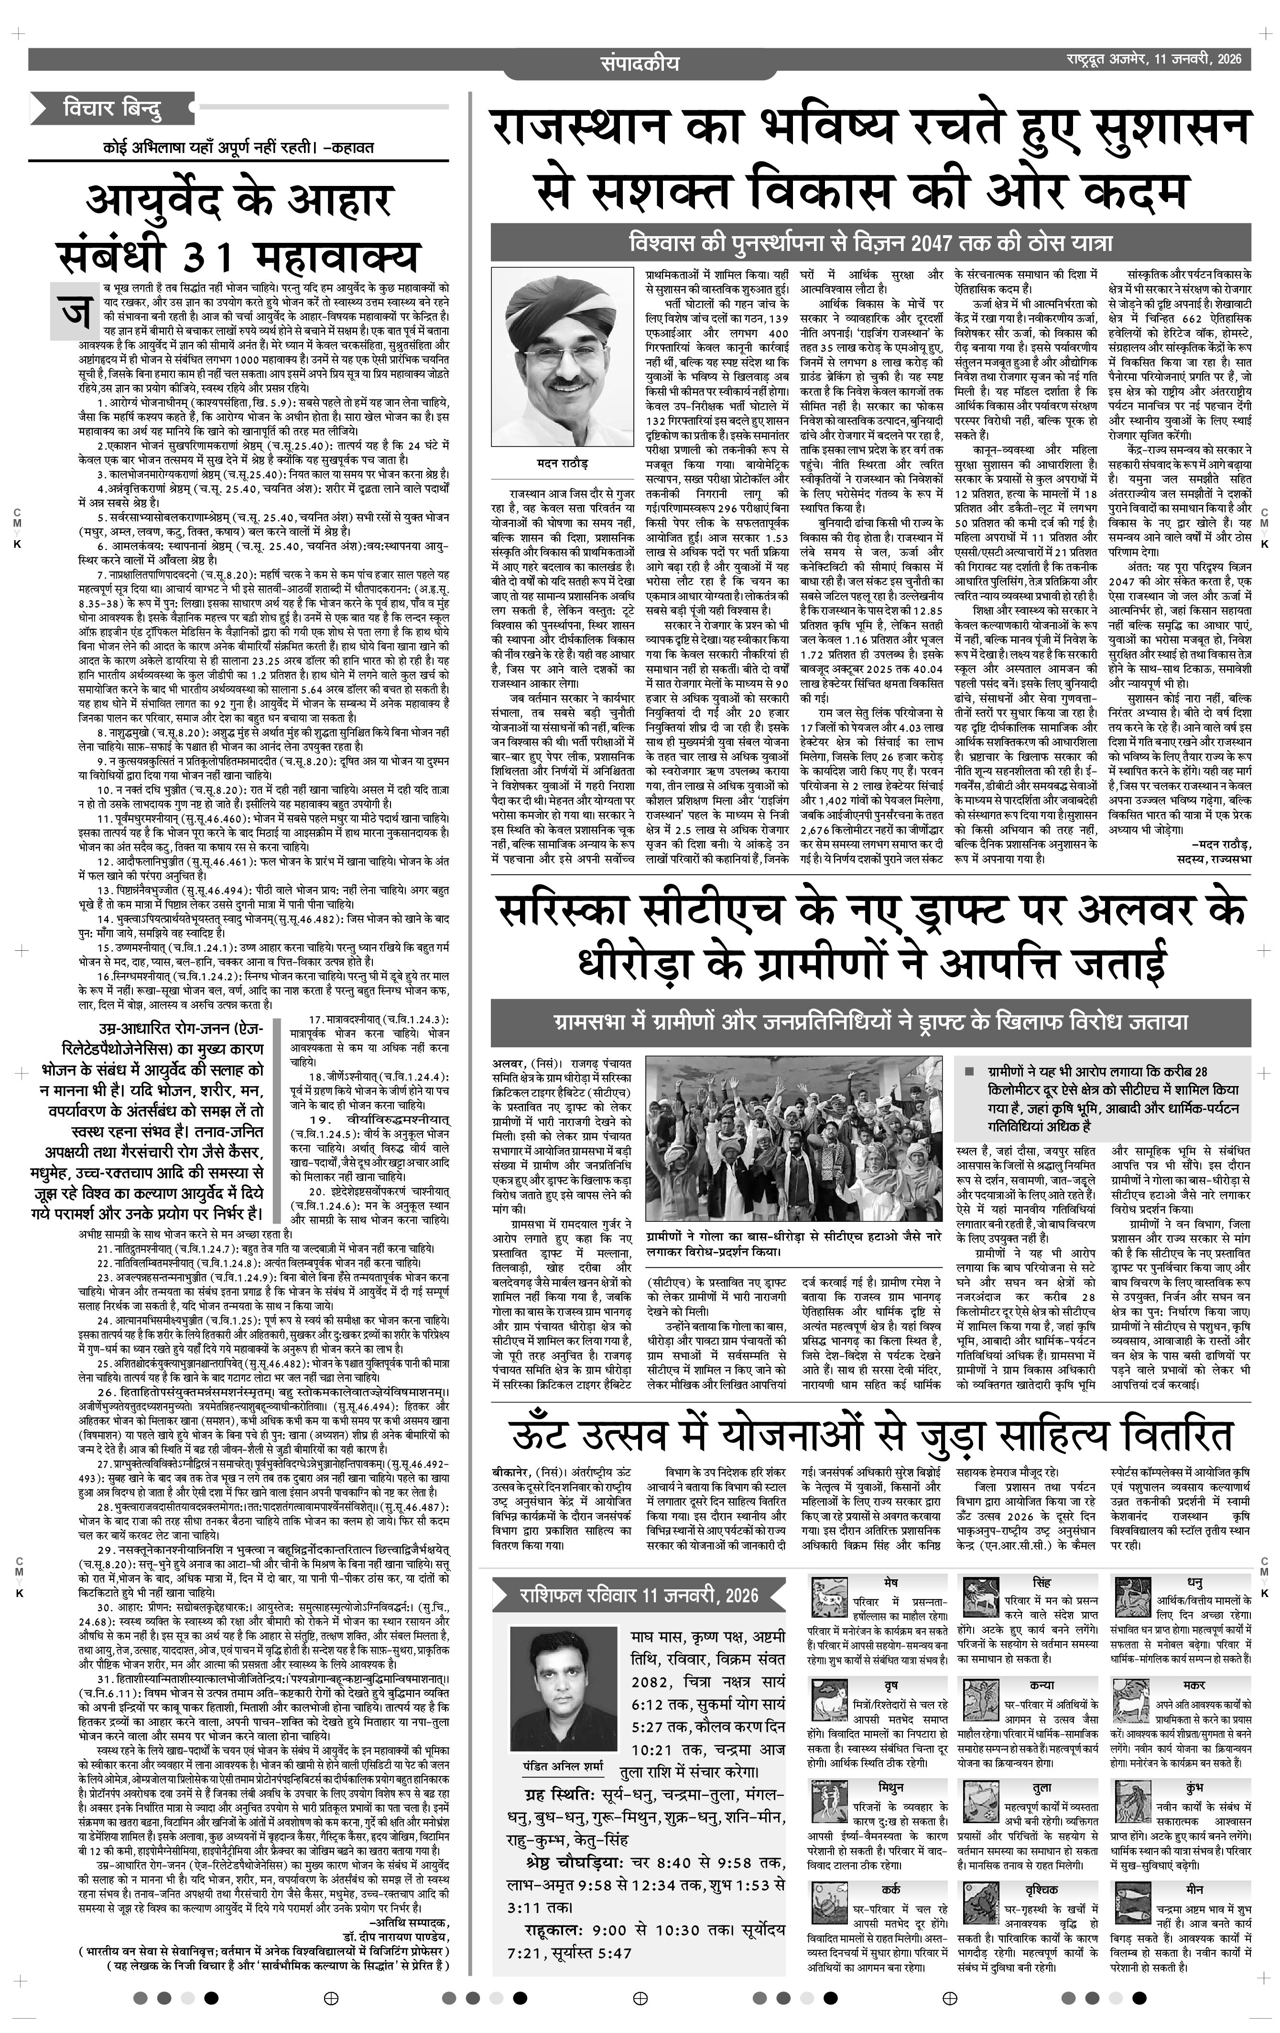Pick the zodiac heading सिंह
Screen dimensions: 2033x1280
[1041, 1580]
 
